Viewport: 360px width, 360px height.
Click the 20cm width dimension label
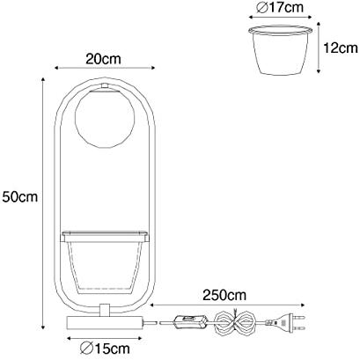103,59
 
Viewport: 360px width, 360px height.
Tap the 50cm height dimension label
20,197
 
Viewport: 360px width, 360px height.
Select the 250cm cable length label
224,295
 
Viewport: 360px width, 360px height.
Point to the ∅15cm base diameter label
105,349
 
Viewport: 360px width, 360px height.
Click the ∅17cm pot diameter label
280,7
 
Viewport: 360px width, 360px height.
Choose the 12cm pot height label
341,48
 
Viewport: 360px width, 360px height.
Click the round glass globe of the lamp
105,119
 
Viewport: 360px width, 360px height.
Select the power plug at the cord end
290,322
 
